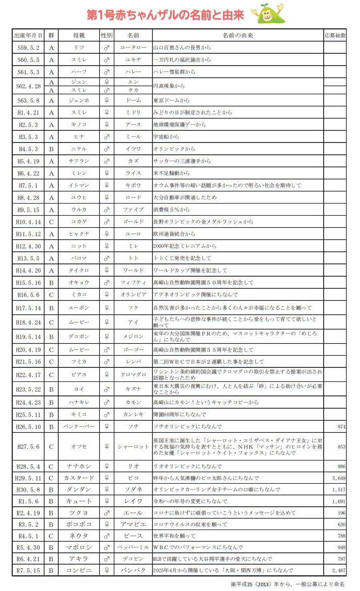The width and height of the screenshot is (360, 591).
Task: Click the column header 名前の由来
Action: click(x=237, y=36)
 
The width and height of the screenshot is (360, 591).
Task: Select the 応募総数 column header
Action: click(x=335, y=36)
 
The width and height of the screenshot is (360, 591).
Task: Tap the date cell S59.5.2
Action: click(x=28, y=48)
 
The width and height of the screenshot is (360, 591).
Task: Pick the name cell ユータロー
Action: click(x=133, y=48)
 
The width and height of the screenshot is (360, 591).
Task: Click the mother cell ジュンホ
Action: click(x=79, y=100)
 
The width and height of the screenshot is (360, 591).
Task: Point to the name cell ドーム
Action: click(x=133, y=100)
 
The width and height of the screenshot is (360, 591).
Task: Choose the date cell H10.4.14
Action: click(x=28, y=222)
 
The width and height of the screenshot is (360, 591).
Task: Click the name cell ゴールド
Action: click(x=133, y=222)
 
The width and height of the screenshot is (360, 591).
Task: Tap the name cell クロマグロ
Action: click(x=133, y=374)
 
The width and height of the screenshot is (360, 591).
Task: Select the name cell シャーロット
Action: click(x=133, y=446)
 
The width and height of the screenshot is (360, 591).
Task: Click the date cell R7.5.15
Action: click(x=28, y=570)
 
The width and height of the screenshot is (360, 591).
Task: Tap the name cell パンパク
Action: click(x=133, y=570)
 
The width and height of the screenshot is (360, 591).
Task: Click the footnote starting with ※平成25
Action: click(x=287, y=584)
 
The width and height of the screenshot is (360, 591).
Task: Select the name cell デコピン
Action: click(x=133, y=559)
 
